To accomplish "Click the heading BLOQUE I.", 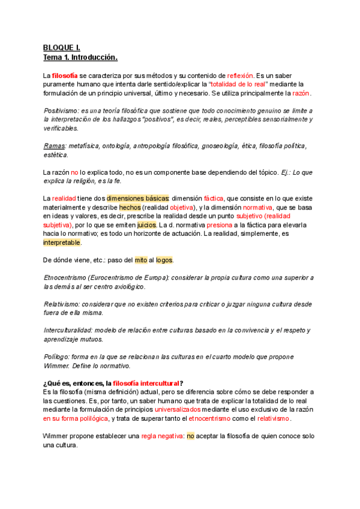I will (x=62, y=47).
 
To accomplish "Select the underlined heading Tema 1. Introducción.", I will (x=80, y=58).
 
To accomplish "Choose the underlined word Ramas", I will (x=55, y=146).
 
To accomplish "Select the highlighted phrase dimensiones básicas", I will (x=138, y=198).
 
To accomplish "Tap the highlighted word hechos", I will (x=130, y=207).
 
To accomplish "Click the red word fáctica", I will (x=213, y=198).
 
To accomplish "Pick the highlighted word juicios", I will (x=146, y=224).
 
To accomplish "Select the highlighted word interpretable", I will (x=62, y=242).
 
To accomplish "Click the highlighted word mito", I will (x=140, y=260).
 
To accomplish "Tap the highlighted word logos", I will (x=164, y=260).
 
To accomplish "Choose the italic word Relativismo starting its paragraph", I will (x=62, y=304).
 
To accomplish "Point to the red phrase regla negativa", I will (x=160, y=436).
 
